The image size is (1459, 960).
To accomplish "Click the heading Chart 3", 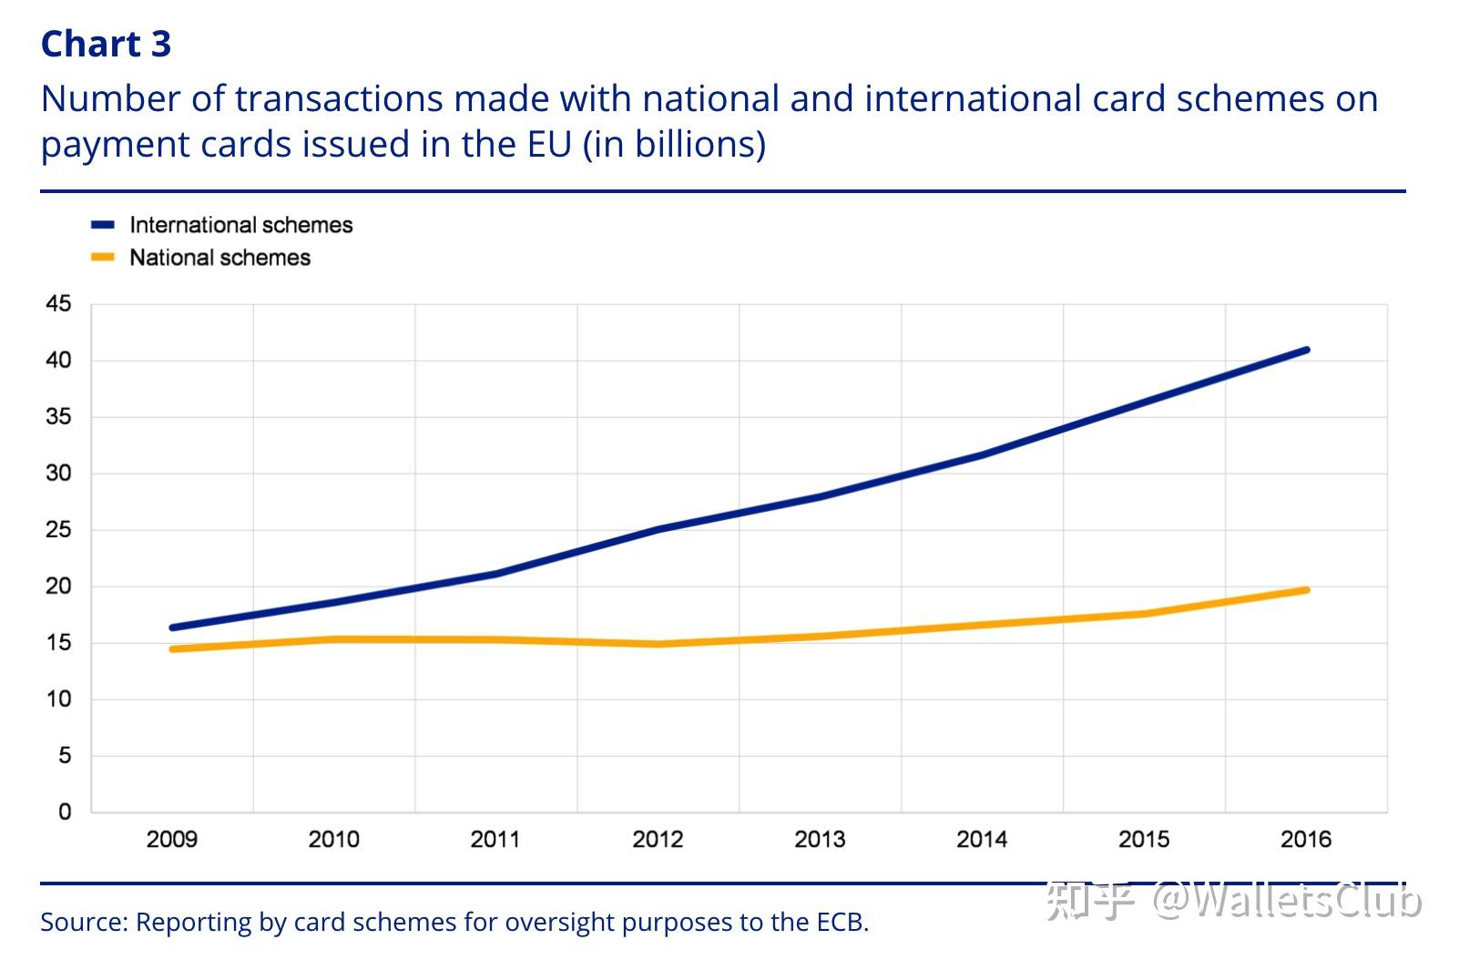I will pos(106,44).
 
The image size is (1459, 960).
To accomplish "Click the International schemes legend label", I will pos(240,225).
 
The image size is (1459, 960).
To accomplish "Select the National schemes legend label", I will pos(219,258).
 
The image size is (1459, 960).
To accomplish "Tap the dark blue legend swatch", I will pos(103,225).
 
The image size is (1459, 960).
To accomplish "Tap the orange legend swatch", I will pos(103,258).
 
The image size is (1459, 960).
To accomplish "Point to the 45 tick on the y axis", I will pos(58,304).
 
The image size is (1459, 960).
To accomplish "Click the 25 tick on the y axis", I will pos(58,530).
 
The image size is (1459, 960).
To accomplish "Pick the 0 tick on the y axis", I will pos(64,812).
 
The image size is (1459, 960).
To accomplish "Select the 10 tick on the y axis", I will pos(58,700).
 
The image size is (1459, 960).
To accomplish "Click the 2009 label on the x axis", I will pos(172,840).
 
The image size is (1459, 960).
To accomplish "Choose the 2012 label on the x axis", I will pos(658,840).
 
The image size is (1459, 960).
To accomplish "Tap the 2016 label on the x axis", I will pos(1306,840).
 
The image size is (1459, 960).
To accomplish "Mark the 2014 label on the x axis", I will pos(982,840).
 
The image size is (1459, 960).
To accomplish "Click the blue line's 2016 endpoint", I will pos(1307,350).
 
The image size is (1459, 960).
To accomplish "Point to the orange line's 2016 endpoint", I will pos(1307,590).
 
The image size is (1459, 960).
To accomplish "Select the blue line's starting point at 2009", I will pos(172,628).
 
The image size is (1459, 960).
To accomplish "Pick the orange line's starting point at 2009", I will pos(172,649).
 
